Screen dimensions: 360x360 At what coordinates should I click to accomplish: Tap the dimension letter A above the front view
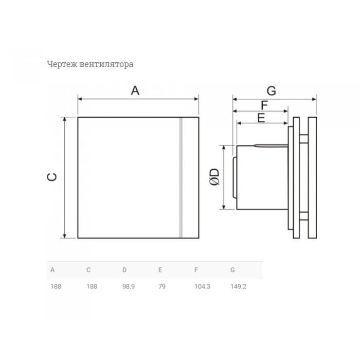(x=135, y=91)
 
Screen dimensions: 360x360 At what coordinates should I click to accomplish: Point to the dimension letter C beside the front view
(x=52, y=177)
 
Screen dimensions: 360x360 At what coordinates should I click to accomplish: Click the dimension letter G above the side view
(x=271, y=91)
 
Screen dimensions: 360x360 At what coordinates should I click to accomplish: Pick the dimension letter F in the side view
(x=264, y=105)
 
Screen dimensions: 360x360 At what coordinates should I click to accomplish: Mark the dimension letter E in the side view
(x=261, y=118)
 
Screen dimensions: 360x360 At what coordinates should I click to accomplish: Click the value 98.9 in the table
(x=129, y=286)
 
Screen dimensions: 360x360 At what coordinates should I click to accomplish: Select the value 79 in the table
(x=162, y=286)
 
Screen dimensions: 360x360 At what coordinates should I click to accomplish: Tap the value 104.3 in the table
(x=202, y=286)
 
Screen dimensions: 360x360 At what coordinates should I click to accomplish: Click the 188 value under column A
(x=56, y=286)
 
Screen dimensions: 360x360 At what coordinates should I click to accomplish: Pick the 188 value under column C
(x=92, y=286)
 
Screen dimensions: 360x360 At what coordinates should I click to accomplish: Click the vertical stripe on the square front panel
(x=181, y=177)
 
